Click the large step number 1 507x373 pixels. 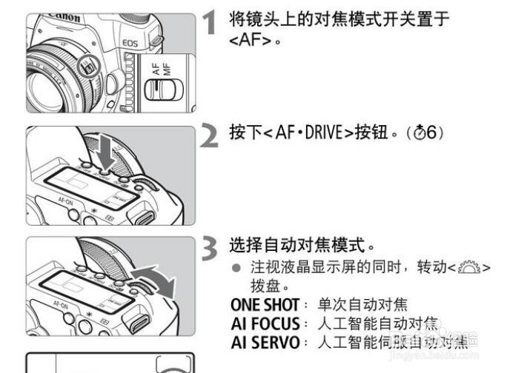pyautogui.click(x=211, y=23)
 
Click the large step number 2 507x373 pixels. pyautogui.click(x=211, y=135)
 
